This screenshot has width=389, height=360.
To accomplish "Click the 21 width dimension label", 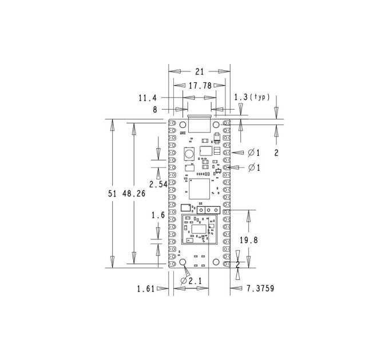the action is click(x=200, y=71).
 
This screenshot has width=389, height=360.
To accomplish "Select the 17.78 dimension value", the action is click(x=200, y=86).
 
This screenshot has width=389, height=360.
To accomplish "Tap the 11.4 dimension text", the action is click(x=148, y=98).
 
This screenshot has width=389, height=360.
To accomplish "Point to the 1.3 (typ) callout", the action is click(x=252, y=97).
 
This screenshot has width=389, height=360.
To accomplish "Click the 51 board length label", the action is click(x=112, y=193).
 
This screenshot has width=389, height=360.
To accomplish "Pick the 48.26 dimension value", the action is click(x=134, y=193).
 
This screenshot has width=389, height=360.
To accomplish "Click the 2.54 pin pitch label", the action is click(x=158, y=184).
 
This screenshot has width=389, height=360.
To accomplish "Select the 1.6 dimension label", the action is click(x=158, y=215).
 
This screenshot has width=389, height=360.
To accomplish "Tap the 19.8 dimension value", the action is click(x=249, y=240).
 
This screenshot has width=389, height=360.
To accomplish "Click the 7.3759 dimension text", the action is click(x=260, y=288).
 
